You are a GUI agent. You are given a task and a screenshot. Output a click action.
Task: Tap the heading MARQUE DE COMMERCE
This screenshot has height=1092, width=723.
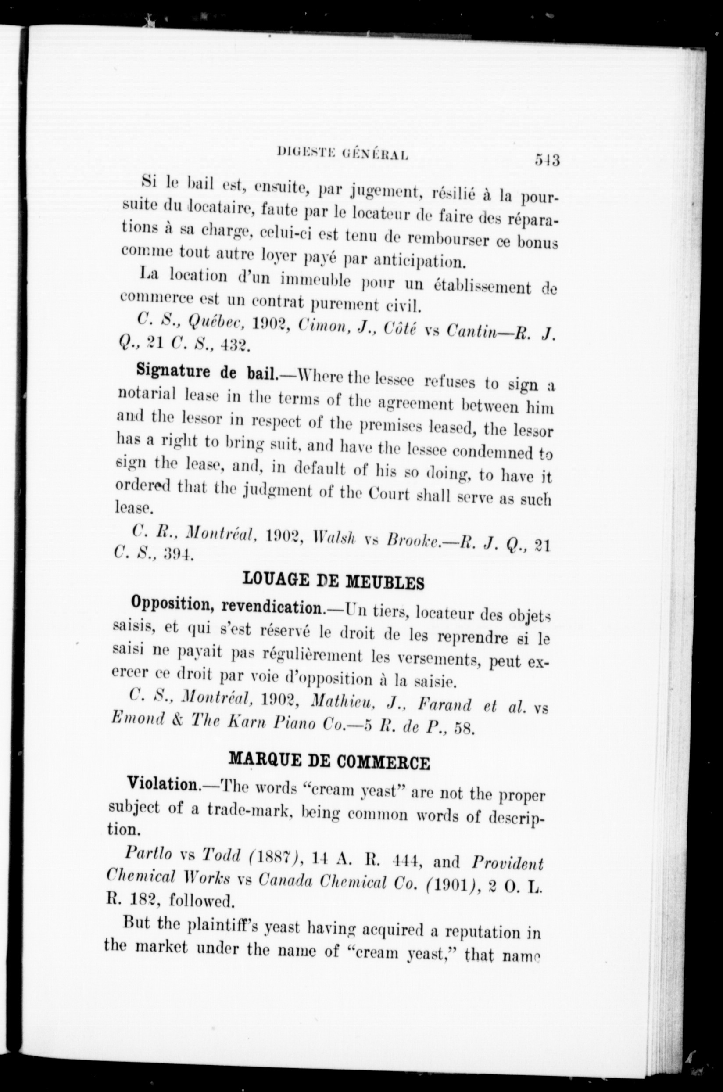click(x=329, y=761)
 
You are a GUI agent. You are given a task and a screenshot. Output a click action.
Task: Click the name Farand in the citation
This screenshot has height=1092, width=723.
click(x=445, y=706)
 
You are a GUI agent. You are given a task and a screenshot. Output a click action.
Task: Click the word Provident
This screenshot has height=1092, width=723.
click(x=508, y=862)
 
